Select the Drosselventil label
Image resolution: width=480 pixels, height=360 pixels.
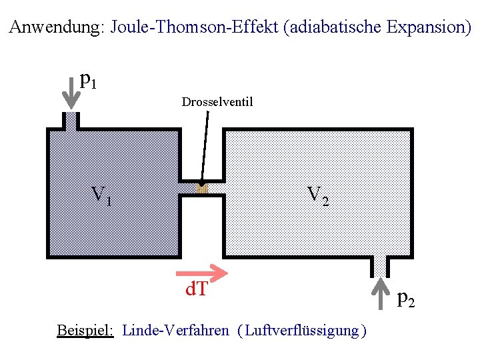217,102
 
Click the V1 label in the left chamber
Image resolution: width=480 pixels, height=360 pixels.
101,195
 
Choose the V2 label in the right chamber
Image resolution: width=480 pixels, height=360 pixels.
317,195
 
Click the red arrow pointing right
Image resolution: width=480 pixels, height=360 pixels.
201,272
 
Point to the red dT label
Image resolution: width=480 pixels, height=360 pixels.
196,289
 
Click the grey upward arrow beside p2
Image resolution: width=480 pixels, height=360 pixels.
379,294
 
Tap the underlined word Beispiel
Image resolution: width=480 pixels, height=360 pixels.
85,330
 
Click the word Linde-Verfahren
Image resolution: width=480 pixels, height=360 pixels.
176,330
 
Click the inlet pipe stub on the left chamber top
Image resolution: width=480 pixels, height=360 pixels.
71,121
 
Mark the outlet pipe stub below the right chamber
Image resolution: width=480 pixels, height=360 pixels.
379,265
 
